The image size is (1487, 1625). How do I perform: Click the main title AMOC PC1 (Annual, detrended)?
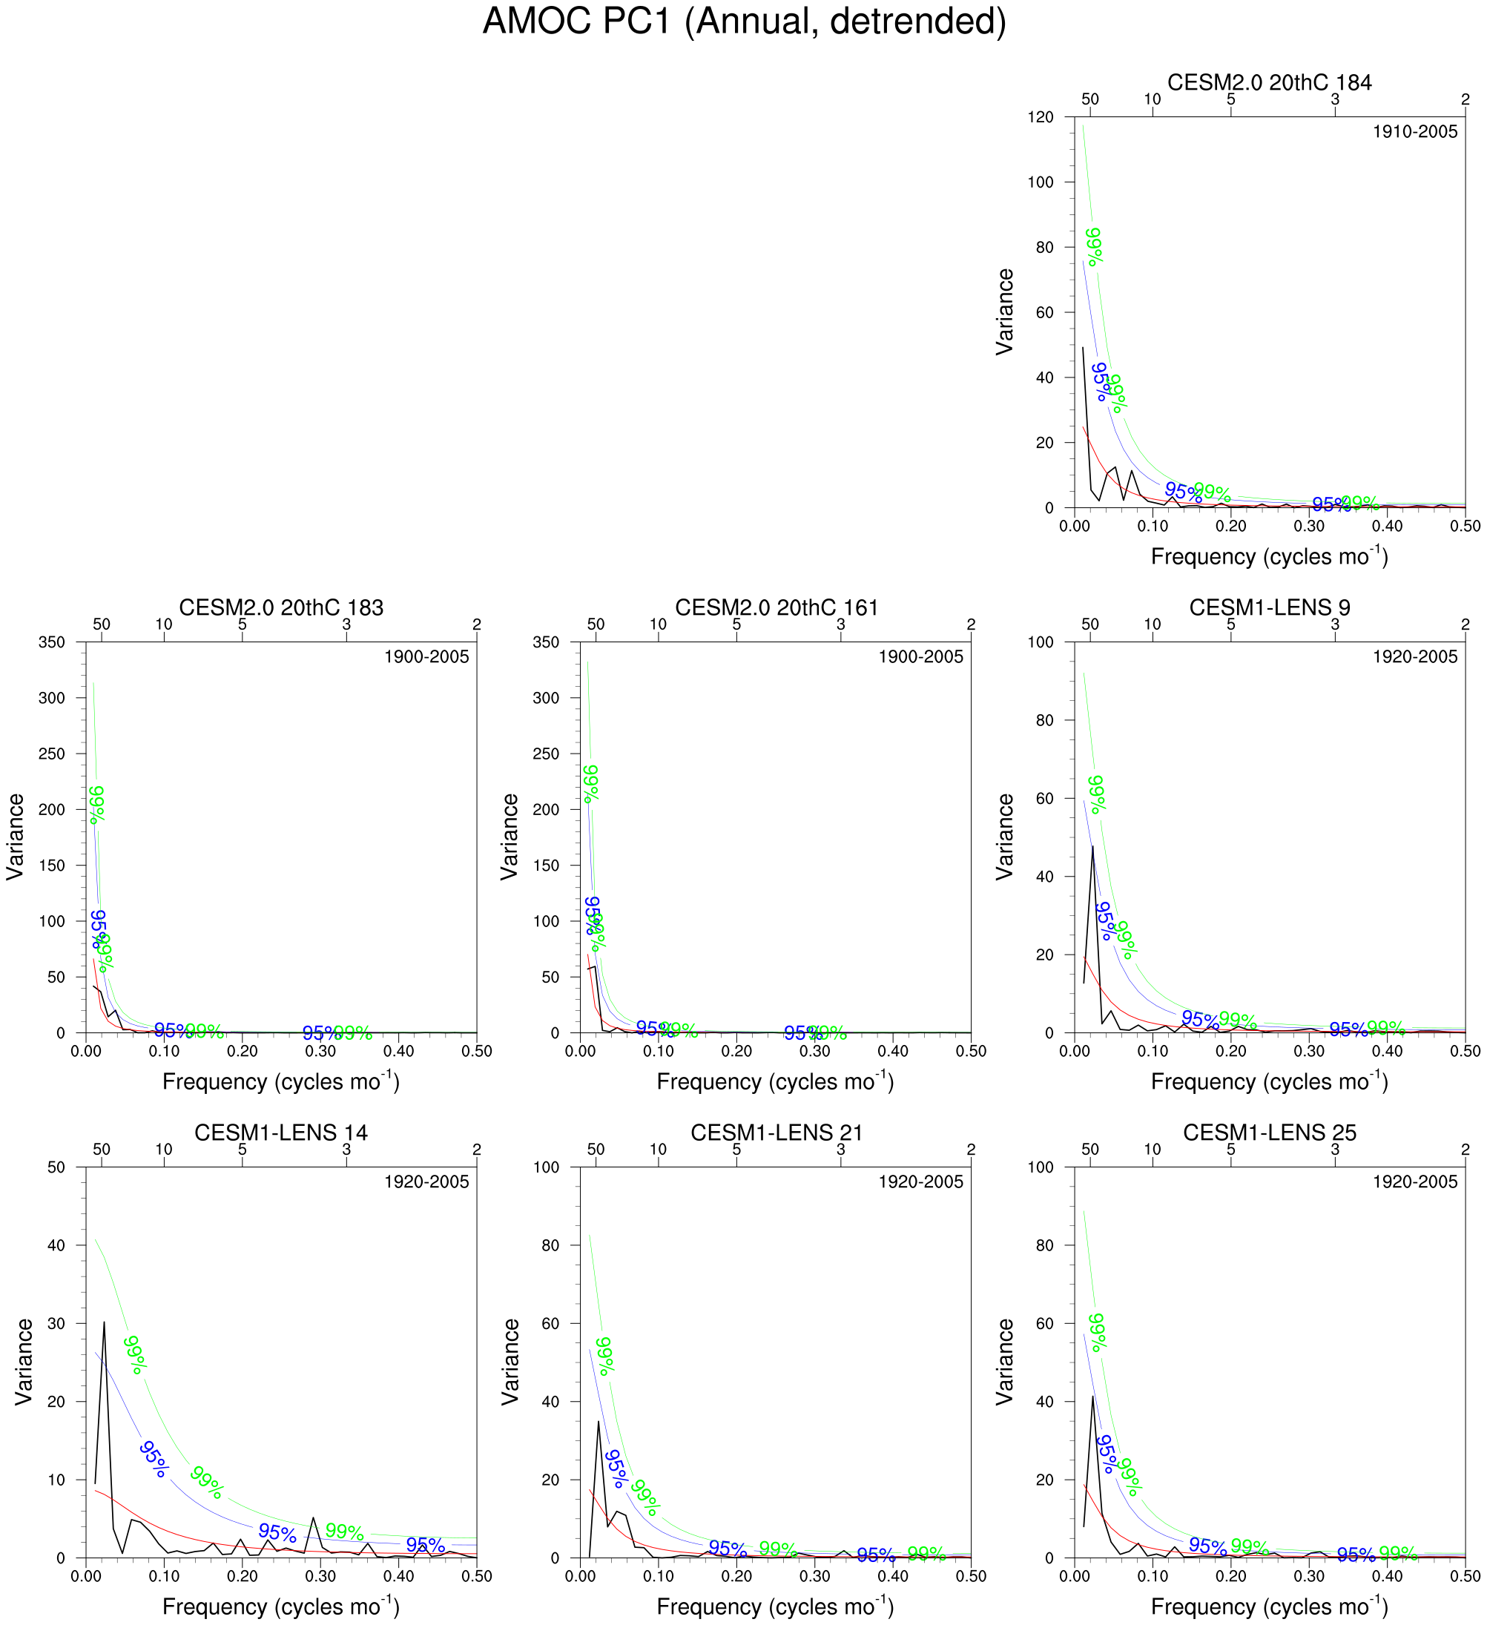pos(743,22)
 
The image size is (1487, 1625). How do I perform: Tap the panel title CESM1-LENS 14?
pos(280,1133)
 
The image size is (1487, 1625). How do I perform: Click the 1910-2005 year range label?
pos(1414,132)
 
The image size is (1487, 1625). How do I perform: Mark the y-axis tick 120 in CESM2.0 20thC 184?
pos(1041,118)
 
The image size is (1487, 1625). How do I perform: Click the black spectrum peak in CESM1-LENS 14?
pos(104,1322)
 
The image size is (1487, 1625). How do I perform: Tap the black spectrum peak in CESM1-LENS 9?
pos(1093,846)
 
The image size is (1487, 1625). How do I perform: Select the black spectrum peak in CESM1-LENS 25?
pos(1093,1397)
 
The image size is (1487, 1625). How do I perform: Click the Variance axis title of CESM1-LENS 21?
pos(510,1362)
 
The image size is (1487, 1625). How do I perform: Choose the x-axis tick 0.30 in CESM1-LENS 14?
pos(320,1576)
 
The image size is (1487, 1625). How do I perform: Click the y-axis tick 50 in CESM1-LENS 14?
pos(56,1167)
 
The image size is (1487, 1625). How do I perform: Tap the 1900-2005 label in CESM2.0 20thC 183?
pos(426,657)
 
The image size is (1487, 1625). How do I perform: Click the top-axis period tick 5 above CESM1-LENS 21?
pos(736,1150)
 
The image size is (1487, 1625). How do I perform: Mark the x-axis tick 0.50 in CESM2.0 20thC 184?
pos(1465,527)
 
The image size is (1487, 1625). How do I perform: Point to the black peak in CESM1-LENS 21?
pos(598,1421)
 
